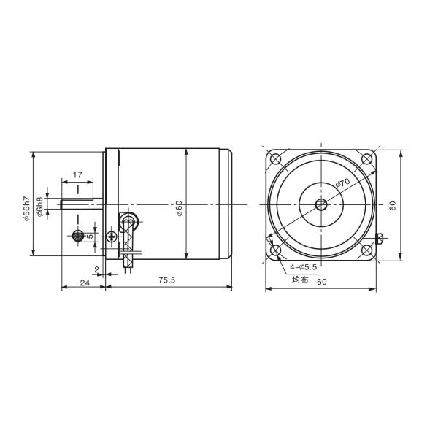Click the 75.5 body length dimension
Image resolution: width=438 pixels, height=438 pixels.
(168, 281)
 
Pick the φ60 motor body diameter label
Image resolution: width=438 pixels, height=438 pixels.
(180, 208)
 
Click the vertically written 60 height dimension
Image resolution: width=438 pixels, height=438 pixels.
(392, 206)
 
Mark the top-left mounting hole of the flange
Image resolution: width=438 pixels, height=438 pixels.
(276, 160)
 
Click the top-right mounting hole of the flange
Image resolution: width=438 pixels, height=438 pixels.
(366, 160)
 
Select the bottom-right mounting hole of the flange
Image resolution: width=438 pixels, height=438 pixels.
(366, 250)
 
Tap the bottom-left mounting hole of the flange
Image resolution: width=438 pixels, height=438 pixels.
(276, 250)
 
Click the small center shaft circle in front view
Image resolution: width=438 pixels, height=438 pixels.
(321, 205)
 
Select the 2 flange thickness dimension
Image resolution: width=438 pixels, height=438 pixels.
(96, 269)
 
